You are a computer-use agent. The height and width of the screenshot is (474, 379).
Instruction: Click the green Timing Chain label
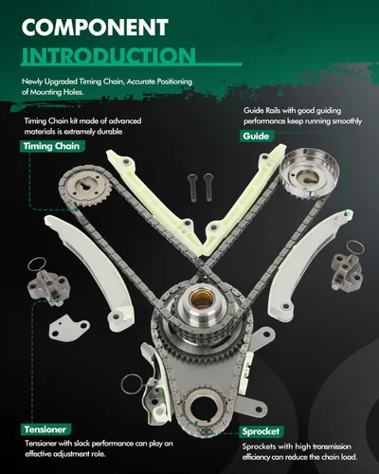(x=51, y=146)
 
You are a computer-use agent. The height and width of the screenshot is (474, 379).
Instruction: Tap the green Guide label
(x=256, y=137)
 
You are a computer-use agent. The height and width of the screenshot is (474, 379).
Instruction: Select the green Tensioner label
(x=45, y=429)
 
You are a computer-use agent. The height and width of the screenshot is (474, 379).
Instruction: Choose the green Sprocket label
(x=261, y=431)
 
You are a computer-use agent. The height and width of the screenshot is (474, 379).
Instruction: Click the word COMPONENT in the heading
(x=95, y=27)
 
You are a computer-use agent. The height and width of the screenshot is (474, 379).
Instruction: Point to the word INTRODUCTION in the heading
(x=109, y=55)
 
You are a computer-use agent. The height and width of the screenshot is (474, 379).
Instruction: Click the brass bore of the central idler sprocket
(x=200, y=299)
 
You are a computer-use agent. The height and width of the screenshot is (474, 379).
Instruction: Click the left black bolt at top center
(x=192, y=188)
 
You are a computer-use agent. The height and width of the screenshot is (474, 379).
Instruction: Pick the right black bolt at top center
(x=208, y=187)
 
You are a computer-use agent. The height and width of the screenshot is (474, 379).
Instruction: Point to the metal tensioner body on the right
(x=346, y=272)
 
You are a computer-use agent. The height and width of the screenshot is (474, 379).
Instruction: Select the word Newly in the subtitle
(x=32, y=82)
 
